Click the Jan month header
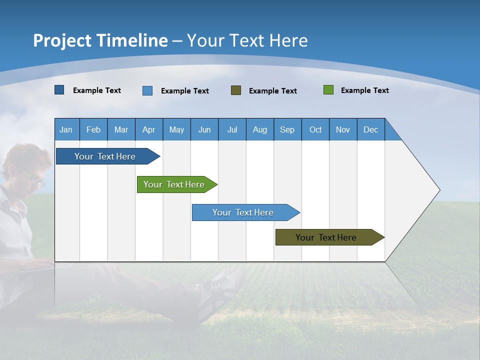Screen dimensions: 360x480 tap(66, 129)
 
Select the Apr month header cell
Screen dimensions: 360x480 tap(148, 129)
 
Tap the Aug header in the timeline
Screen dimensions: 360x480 tap(259, 129)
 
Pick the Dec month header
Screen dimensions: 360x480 tap(370, 129)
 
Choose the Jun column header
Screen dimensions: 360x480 tap(204, 129)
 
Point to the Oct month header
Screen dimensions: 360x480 tap(315, 129)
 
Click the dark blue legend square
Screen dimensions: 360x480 tap(59, 90)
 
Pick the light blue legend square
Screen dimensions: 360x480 tap(147, 90)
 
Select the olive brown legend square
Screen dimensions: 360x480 tap(236, 90)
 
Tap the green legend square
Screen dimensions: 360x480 tap(328, 90)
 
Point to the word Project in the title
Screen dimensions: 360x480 tap(62, 40)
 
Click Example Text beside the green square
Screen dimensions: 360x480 tap(364, 90)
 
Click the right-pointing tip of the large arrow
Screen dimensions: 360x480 tap(438, 190)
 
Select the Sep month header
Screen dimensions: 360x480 tap(287, 129)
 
